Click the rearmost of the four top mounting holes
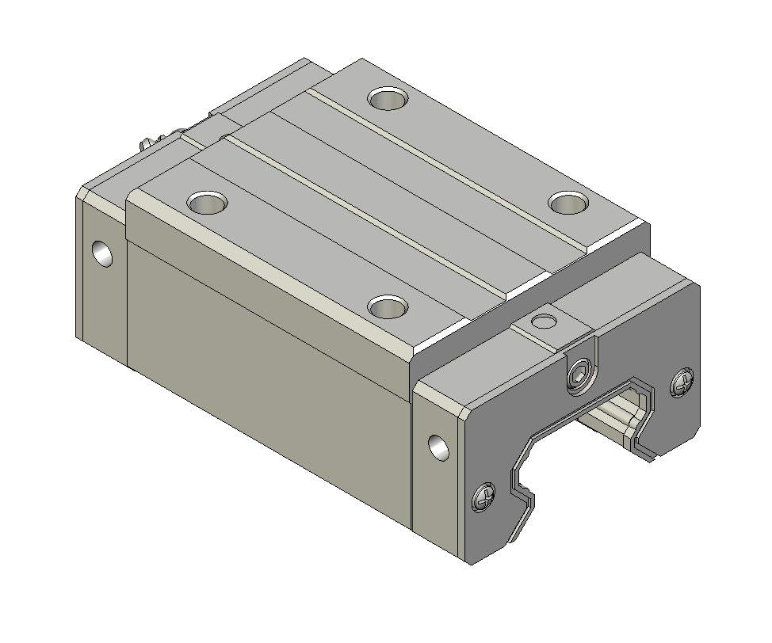click(x=388, y=99)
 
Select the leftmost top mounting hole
click(x=208, y=202)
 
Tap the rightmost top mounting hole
click(x=568, y=203)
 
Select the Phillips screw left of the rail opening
click(x=484, y=498)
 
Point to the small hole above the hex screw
click(x=543, y=321)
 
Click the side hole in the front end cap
click(x=438, y=447)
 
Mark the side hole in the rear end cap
click(x=102, y=253)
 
